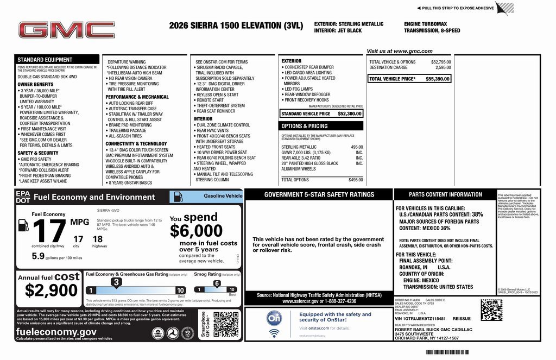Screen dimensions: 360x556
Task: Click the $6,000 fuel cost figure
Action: tap(196, 231)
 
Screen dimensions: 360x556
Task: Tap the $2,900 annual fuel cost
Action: tap(52, 290)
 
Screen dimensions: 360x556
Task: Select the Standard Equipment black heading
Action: tap(45, 60)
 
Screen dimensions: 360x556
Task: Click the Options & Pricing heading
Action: tap(304, 126)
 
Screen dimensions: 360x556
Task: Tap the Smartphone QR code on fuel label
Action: tap(225, 325)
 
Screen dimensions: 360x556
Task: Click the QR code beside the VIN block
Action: tap(491, 310)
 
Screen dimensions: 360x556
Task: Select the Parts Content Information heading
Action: tap(445, 194)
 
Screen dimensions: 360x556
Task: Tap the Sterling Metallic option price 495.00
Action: tap(357, 147)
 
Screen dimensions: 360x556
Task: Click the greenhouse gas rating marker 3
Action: tap(116, 282)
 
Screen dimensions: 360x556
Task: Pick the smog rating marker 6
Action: tap(217, 283)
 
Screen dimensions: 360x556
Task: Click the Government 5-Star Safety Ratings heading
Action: tap(319, 194)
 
